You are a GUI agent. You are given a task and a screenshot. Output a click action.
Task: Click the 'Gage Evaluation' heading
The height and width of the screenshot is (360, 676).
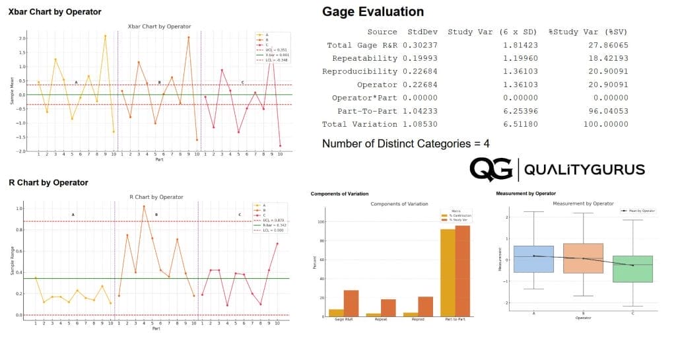372,12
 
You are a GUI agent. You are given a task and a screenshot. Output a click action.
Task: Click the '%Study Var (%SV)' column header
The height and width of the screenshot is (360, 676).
588,32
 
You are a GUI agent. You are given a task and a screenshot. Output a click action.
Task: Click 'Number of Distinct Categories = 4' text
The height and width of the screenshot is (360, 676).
405,143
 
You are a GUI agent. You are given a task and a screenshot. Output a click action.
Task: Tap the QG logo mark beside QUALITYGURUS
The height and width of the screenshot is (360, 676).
490,170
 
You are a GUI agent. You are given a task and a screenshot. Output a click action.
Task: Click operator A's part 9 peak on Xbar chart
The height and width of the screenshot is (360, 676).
105,36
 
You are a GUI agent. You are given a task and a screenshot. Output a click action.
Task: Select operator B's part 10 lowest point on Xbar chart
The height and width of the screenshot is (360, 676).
197,140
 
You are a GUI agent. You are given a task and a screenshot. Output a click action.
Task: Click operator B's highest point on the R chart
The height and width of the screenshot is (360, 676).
144,207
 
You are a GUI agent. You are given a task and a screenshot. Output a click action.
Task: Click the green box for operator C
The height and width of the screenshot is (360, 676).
632,269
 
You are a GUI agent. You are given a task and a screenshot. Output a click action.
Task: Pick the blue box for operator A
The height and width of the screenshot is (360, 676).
533,258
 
